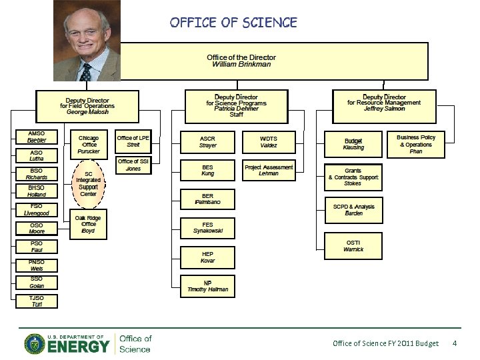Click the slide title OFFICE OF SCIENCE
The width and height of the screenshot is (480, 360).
(x=233, y=23)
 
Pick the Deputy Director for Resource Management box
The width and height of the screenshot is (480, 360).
(x=384, y=103)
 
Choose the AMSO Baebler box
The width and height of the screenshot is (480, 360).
(x=37, y=137)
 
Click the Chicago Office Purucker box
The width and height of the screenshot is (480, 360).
(x=89, y=145)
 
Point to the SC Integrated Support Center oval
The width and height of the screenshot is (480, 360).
(x=88, y=183)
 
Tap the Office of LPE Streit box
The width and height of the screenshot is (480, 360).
(x=133, y=141)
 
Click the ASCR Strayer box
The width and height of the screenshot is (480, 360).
(x=207, y=141)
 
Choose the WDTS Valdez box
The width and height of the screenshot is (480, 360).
(x=269, y=141)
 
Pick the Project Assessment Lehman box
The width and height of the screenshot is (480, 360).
(x=269, y=170)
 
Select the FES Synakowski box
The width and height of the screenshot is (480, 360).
(x=208, y=228)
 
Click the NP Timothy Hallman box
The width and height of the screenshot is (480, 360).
(x=208, y=285)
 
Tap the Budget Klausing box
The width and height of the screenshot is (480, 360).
(x=353, y=144)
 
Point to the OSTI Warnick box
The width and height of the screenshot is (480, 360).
(x=353, y=246)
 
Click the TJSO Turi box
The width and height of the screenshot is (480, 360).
(x=37, y=301)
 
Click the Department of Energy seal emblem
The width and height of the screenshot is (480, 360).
(x=35, y=344)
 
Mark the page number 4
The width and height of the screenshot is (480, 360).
(x=454, y=343)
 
